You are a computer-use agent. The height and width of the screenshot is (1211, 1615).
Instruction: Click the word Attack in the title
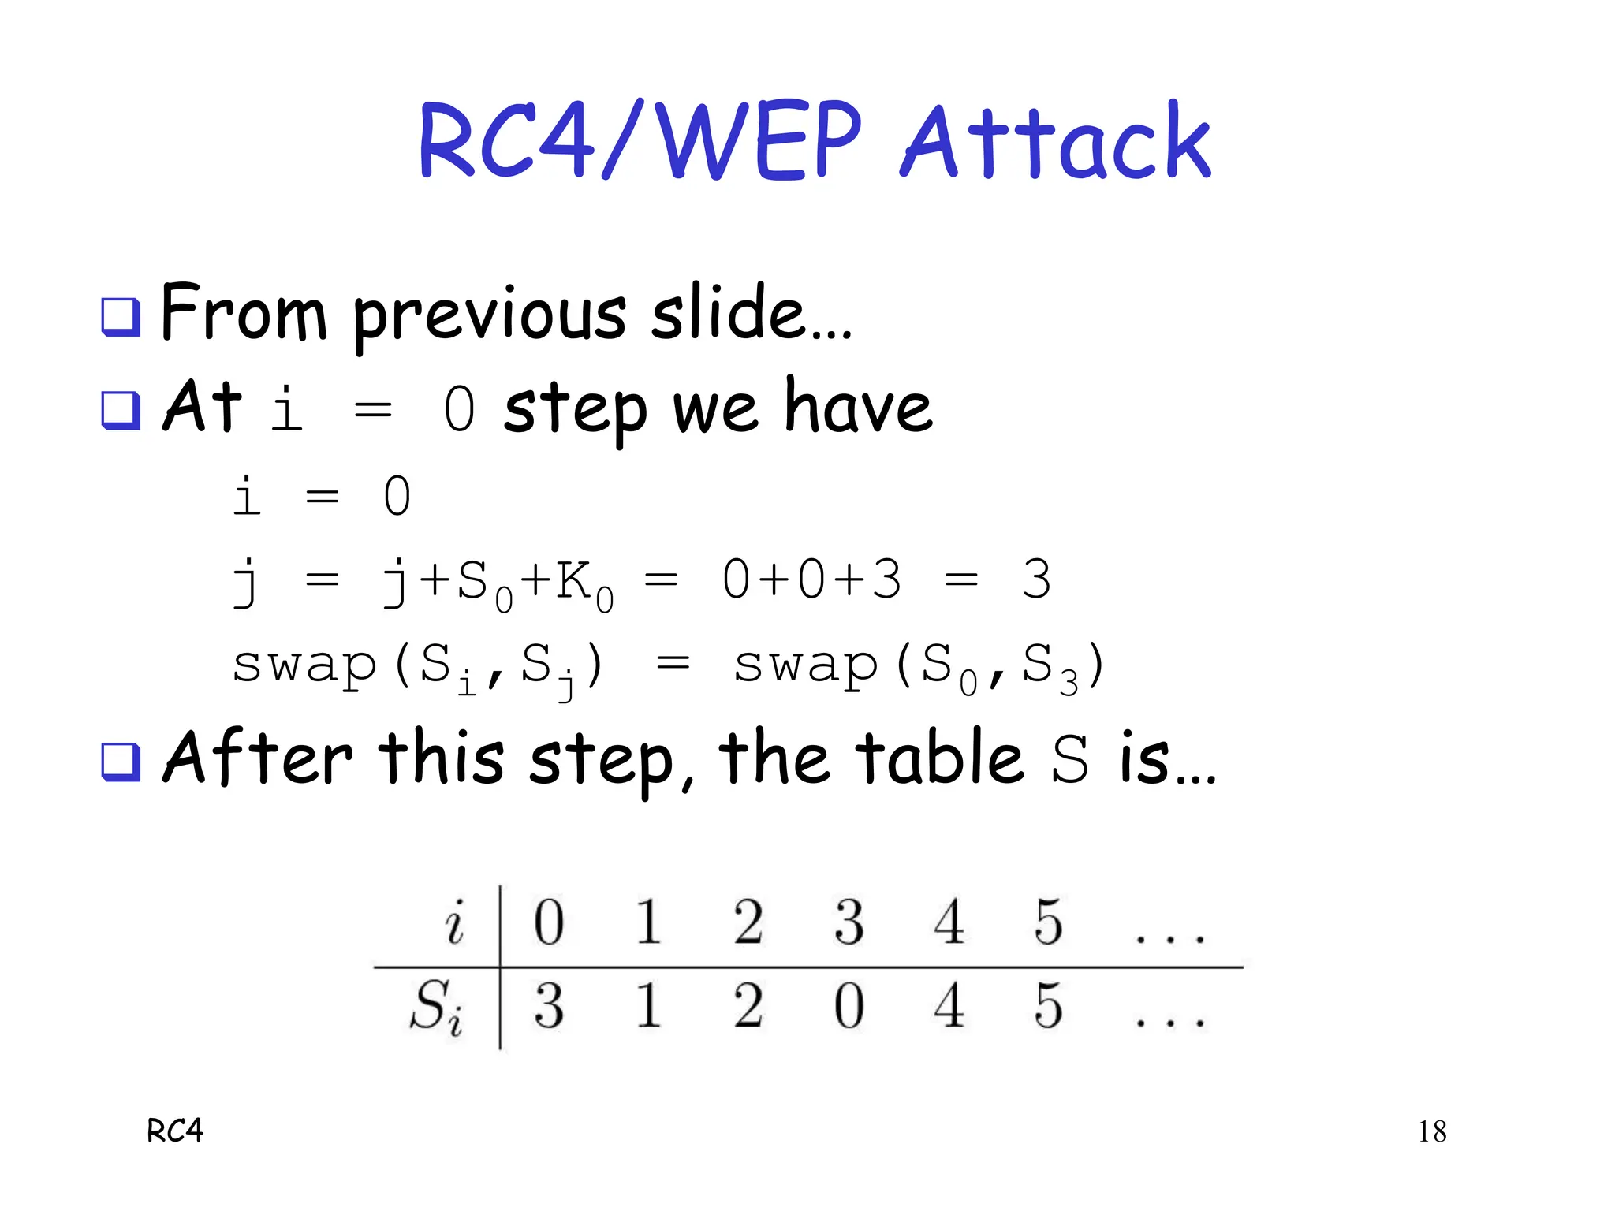pos(1055,142)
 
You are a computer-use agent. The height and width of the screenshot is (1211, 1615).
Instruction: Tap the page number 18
pos(1432,1132)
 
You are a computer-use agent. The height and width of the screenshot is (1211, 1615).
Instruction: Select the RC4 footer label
pos(175,1131)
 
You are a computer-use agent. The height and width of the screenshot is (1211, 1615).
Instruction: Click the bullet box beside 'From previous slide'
pos(121,316)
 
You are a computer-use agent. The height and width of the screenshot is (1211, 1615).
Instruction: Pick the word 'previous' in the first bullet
pos(489,315)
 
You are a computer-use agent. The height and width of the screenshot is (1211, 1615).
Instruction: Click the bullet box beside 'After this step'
pos(121,762)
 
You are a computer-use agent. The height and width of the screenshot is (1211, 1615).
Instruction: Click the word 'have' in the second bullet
pos(859,408)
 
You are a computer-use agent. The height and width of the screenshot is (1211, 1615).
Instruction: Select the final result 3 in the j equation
pos(1036,579)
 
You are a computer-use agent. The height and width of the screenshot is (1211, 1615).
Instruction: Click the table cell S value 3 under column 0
pos(549,1006)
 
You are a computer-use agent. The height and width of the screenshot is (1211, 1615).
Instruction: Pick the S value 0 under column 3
pos(849,1006)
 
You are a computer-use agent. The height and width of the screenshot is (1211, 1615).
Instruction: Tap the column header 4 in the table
pos(949,921)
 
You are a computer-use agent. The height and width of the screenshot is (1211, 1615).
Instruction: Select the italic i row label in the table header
pos(455,922)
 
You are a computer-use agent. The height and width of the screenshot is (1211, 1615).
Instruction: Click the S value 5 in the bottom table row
pos(1049,1006)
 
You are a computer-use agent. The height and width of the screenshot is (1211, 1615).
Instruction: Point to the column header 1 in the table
pos(648,921)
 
